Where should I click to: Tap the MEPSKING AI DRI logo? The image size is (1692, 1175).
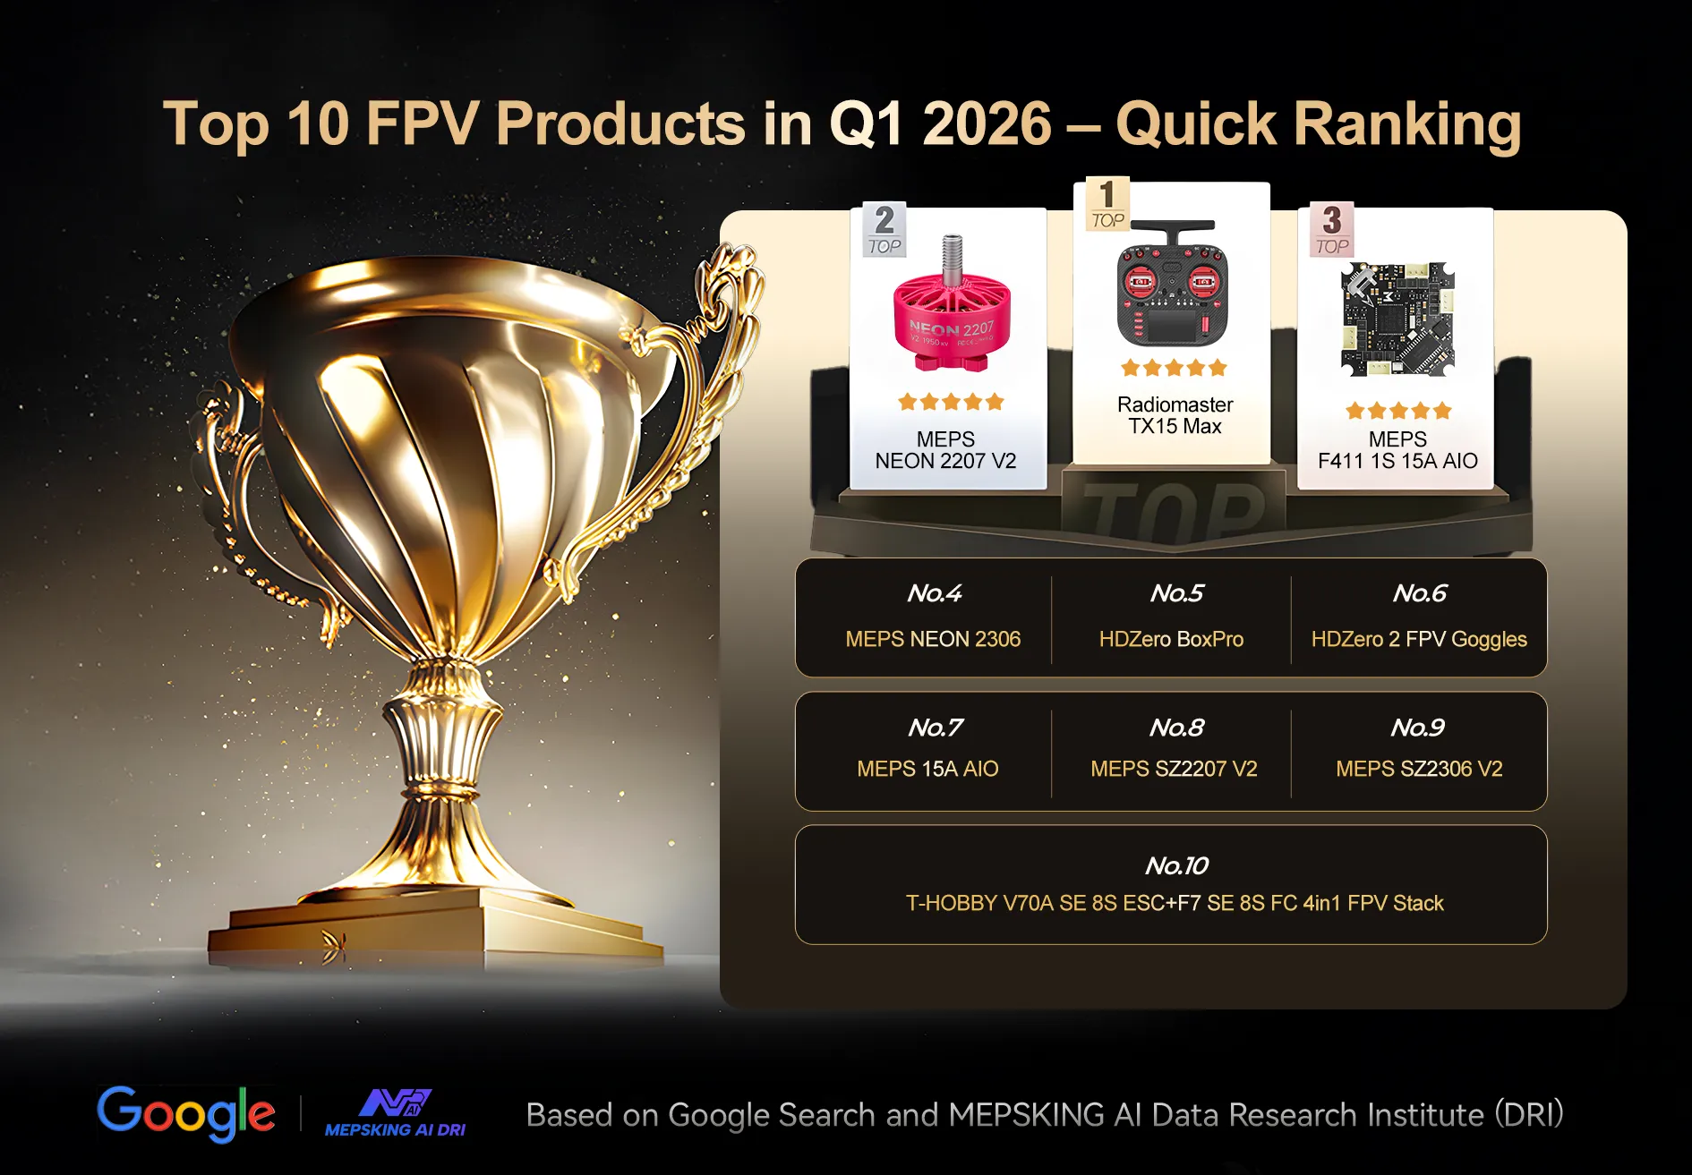point(395,1112)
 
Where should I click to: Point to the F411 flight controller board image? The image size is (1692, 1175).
point(1397,319)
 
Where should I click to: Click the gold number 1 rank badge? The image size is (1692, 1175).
point(1107,204)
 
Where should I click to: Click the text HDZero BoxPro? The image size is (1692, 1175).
point(1171,639)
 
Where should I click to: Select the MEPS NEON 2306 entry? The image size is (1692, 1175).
point(933,639)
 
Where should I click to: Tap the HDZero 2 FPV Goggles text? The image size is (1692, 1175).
point(1419,639)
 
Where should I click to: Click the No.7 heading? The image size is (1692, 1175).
point(935,728)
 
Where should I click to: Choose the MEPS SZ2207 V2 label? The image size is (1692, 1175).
point(1174,769)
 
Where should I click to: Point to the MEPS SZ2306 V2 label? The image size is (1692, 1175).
point(1419,769)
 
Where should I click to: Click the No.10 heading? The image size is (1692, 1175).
point(1176,865)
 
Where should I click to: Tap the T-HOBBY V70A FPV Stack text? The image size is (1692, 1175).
point(1175,903)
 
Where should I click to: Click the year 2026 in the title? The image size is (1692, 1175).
point(987,123)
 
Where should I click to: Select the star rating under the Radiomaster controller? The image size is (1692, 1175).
point(1174,368)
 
